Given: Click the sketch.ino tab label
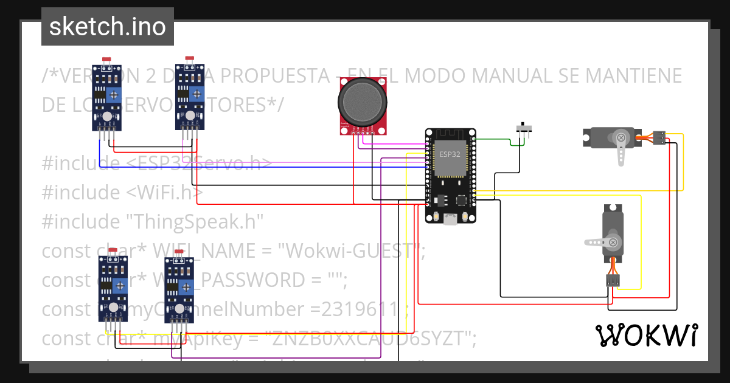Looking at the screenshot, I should pyautogui.click(x=107, y=27).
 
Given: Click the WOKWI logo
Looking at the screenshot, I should pyautogui.click(x=646, y=335).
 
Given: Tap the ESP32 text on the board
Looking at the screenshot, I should pyautogui.click(x=450, y=154).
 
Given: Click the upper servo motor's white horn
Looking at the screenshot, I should pyautogui.click(x=620, y=149).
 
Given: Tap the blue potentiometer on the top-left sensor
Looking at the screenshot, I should pyautogui.click(x=113, y=94).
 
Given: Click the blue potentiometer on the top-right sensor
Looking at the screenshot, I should pyautogui.click(x=196, y=94).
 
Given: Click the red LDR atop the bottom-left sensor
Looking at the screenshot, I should pyautogui.click(x=112, y=250).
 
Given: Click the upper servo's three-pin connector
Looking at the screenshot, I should pyautogui.click(x=659, y=138).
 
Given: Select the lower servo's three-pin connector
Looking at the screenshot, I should pyautogui.click(x=613, y=280).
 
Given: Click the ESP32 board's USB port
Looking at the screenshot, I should pyautogui.click(x=450, y=220).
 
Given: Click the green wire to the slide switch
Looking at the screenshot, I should pyautogui.click(x=496, y=139).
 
